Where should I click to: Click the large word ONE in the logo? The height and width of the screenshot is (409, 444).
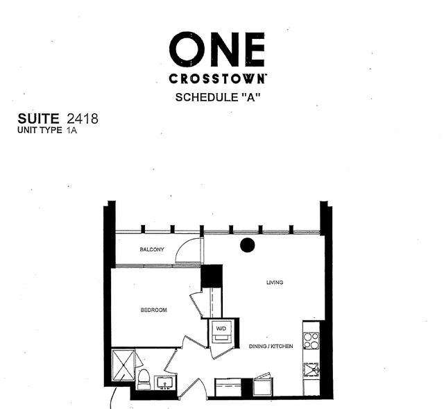coord(217,48)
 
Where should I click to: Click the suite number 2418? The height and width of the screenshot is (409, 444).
coord(83,119)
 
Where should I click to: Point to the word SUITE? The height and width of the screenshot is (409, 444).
coord(40,119)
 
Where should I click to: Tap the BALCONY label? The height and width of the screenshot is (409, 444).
coord(151,249)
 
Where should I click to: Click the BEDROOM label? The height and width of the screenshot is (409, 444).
coord(153,310)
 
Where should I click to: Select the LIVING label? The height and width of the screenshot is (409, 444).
coord(275,282)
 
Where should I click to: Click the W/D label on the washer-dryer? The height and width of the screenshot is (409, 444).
coord(221,328)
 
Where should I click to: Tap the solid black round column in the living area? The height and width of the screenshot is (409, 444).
coord(247,244)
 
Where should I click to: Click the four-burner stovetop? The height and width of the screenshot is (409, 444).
coord(311,341)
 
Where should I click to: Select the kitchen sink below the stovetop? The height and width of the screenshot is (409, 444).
coord(311,369)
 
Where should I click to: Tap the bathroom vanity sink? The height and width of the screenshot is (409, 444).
coord(166,382)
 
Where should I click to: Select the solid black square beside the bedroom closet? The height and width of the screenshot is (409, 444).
coord(211,276)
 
